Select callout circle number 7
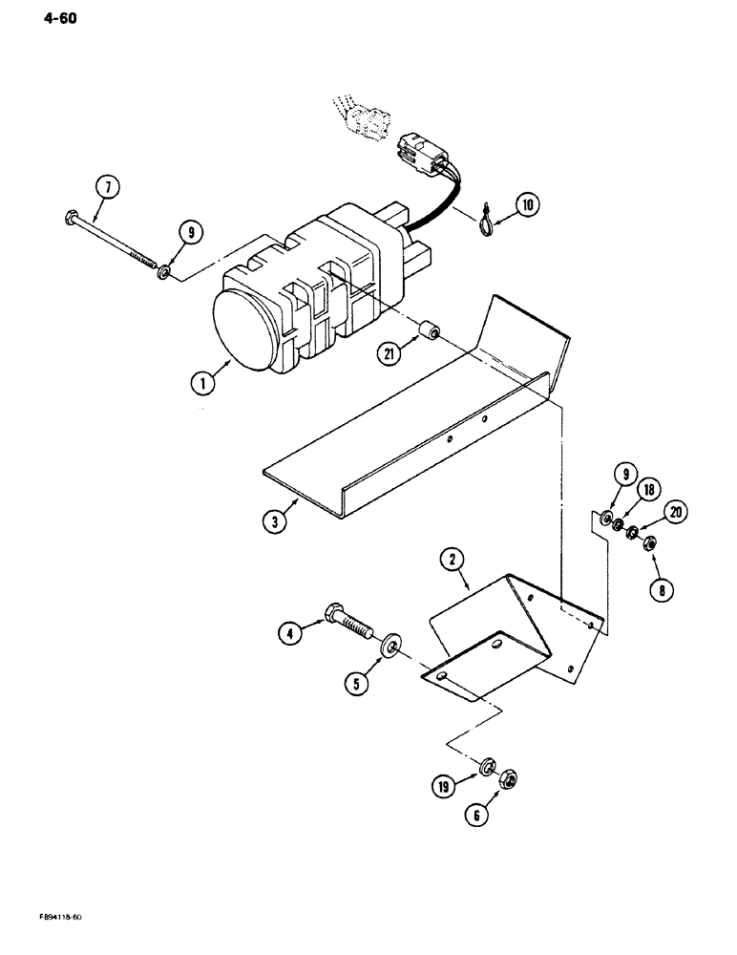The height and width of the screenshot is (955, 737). point(109,187)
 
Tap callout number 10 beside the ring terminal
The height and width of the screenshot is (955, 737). point(528,203)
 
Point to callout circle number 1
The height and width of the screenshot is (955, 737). point(201,386)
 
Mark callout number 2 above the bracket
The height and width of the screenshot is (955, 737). point(452,557)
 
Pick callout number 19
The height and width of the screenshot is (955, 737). point(442,788)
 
